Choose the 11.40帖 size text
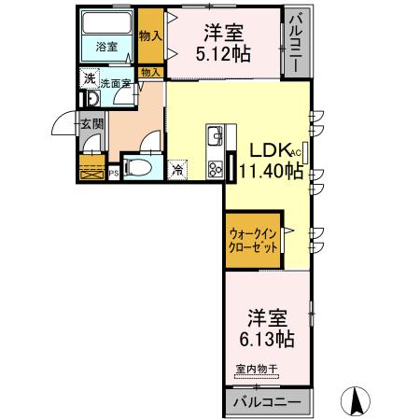click(269, 170)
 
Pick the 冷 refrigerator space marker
click(177, 170)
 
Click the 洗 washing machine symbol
click(89, 80)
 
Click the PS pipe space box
click(113, 172)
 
